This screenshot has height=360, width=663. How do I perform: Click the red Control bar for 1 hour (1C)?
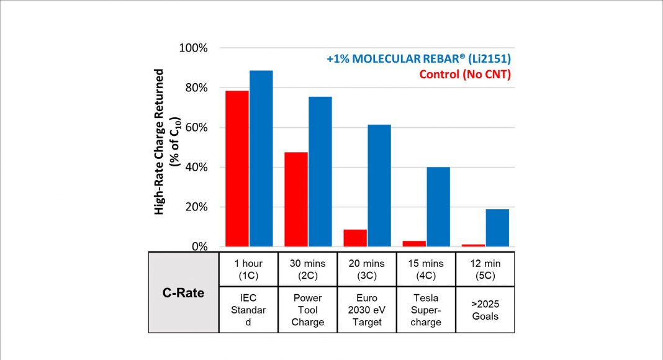[x=237, y=168]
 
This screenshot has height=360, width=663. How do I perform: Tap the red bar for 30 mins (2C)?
[x=296, y=199]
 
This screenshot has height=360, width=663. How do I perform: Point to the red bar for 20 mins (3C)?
[x=355, y=238]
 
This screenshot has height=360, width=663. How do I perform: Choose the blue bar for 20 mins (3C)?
[x=379, y=186]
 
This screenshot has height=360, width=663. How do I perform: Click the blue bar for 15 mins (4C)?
[x=438, y=207]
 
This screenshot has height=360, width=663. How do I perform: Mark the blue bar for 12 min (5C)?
[x=497, y=228]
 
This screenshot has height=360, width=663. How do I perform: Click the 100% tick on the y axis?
[x=193, y=48]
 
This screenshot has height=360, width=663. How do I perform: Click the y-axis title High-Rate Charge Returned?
[x=160, y=142]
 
